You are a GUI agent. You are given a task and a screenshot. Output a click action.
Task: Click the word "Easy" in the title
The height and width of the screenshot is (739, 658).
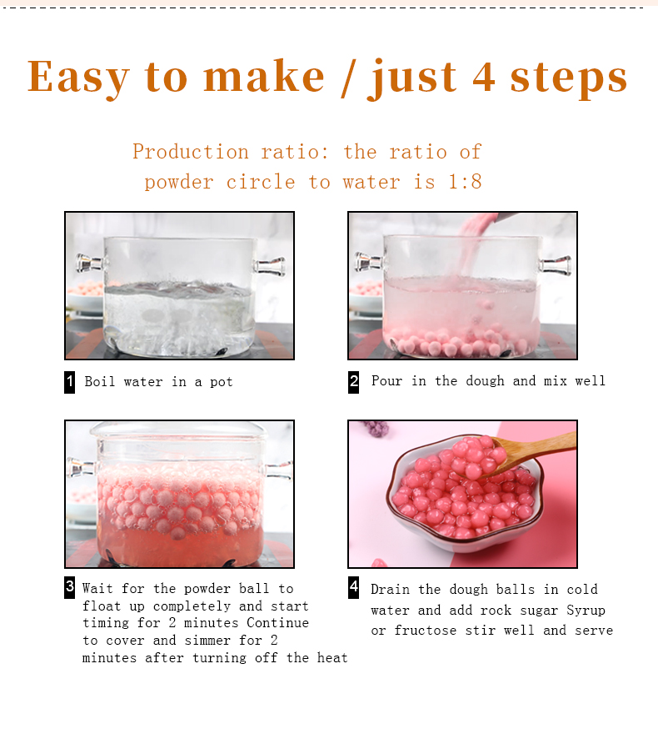[78, 78]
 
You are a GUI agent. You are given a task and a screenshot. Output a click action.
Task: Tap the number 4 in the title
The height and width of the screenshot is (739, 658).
[485, 77]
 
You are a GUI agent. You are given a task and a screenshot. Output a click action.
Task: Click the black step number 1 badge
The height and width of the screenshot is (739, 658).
[70, 382]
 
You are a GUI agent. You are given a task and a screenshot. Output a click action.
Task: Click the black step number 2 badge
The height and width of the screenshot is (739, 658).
[354, 382]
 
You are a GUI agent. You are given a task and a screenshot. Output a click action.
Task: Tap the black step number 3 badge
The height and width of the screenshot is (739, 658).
[70, 587]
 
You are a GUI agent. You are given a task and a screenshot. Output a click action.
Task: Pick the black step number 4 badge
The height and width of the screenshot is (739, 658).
[354, 587]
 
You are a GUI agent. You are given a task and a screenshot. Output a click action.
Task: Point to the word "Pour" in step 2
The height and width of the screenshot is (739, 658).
[386, 381]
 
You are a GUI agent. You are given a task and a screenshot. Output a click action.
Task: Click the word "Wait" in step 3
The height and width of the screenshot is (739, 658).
[98, 589]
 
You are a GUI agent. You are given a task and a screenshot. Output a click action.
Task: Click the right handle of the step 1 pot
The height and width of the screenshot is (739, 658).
[270, 267]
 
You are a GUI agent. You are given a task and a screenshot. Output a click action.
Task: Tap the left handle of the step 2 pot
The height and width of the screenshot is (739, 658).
[367, 264]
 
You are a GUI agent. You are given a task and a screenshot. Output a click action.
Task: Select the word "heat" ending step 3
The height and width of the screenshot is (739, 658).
[332, 658]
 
